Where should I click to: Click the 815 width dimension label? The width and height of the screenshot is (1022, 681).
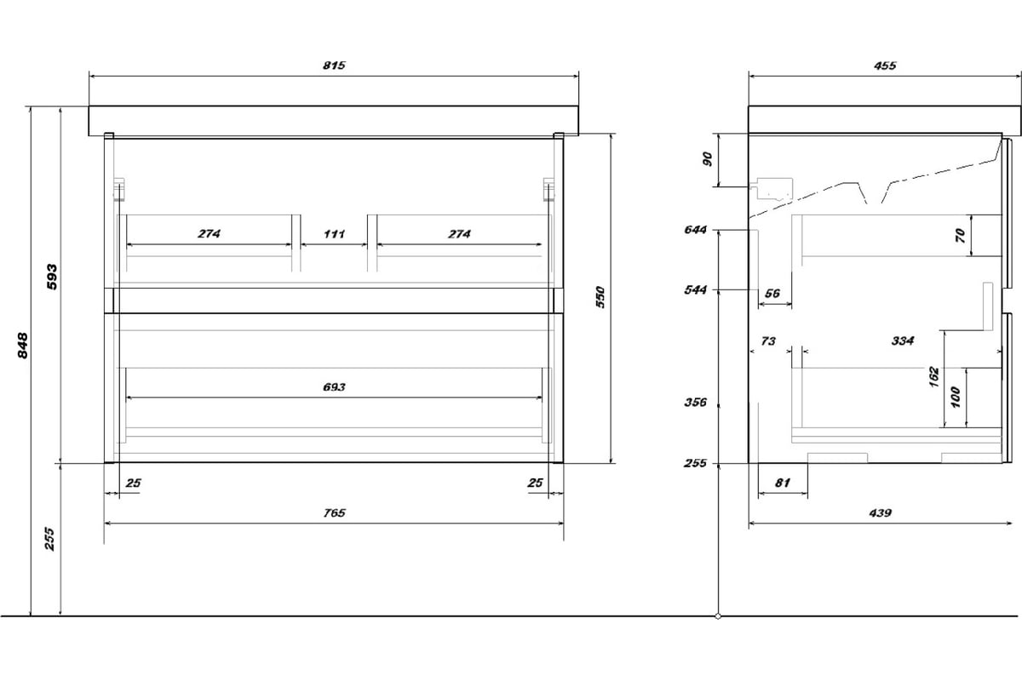tap(334, 66)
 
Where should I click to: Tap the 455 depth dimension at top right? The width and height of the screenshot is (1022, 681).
tap(885, 66)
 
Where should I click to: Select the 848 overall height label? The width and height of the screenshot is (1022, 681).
tap(22, 346)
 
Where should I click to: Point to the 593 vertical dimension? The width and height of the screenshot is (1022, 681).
tap(53, 277)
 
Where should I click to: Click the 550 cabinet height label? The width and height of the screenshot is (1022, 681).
tap(600, 297)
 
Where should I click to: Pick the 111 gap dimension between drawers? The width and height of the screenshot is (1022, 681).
tap(334, 234)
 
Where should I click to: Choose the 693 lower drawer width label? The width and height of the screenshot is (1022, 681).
tap(334, 387)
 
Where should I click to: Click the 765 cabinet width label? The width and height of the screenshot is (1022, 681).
tap(334, 513)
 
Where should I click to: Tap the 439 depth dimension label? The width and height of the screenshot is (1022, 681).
tap(880, 513)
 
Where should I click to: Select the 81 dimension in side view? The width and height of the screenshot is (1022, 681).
tap(783, 483)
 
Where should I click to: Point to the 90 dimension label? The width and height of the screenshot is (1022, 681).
tap(707, 159)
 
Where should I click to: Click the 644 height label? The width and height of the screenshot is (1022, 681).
tap(695, 230)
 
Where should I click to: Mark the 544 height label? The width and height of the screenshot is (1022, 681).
tap(695, 290)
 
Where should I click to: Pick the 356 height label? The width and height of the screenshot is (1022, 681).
tap(695, 403)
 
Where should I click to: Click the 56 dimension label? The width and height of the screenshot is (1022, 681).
tap(772, 294)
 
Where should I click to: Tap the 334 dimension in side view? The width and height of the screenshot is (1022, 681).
tap(903, 340)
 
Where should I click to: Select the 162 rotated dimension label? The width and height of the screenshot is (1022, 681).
tap(934, 377)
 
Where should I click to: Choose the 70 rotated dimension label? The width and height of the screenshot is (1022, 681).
tap(961, 235)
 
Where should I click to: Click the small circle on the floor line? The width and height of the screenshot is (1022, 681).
tap(718, 616)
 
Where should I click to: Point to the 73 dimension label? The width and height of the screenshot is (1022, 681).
tap(768, 341)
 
